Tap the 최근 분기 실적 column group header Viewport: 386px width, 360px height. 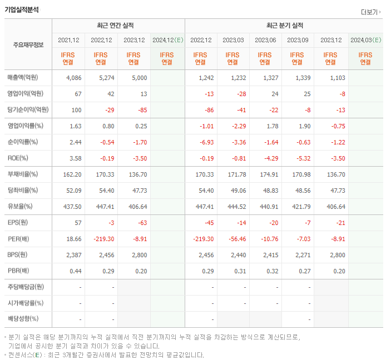coord(285,26)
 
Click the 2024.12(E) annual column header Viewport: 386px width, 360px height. coord(167,40)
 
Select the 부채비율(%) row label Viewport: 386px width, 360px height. coord(23,174)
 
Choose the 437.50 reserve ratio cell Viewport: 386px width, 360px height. coord(72,206)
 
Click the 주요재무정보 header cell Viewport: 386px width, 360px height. coord(28,45)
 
